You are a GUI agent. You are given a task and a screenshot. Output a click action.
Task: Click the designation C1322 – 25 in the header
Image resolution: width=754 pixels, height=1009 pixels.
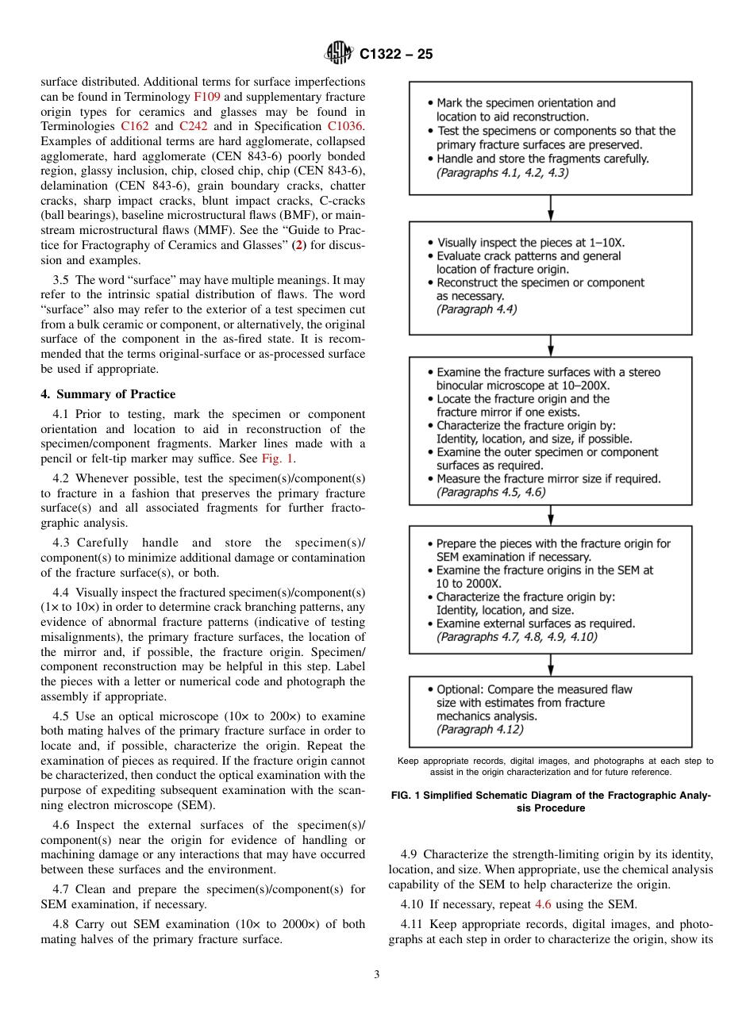click(x=396, y=55)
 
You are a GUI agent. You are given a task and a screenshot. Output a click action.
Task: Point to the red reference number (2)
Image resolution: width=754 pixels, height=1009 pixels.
click(x=299, y=244)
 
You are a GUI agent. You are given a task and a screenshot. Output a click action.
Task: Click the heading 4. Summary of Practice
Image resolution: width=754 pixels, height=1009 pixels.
click(x=108, y=394)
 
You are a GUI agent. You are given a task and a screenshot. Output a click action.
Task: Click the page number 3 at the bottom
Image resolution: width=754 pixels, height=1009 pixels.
click(x=377, y=975)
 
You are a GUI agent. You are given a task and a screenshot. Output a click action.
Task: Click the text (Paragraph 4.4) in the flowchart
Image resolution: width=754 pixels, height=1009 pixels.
click(x=476, y=309)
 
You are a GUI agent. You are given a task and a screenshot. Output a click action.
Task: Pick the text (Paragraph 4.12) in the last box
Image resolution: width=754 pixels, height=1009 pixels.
click(x=479, y=729)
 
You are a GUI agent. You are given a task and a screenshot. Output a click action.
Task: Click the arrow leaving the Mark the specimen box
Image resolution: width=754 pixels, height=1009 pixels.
click(x=551, y=208)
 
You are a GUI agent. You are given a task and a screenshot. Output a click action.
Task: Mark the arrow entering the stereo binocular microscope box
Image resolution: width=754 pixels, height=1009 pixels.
click(x=551, y=346)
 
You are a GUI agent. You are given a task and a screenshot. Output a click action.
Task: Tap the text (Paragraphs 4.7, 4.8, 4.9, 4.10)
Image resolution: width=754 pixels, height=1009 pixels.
click(x=517, y=636)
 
